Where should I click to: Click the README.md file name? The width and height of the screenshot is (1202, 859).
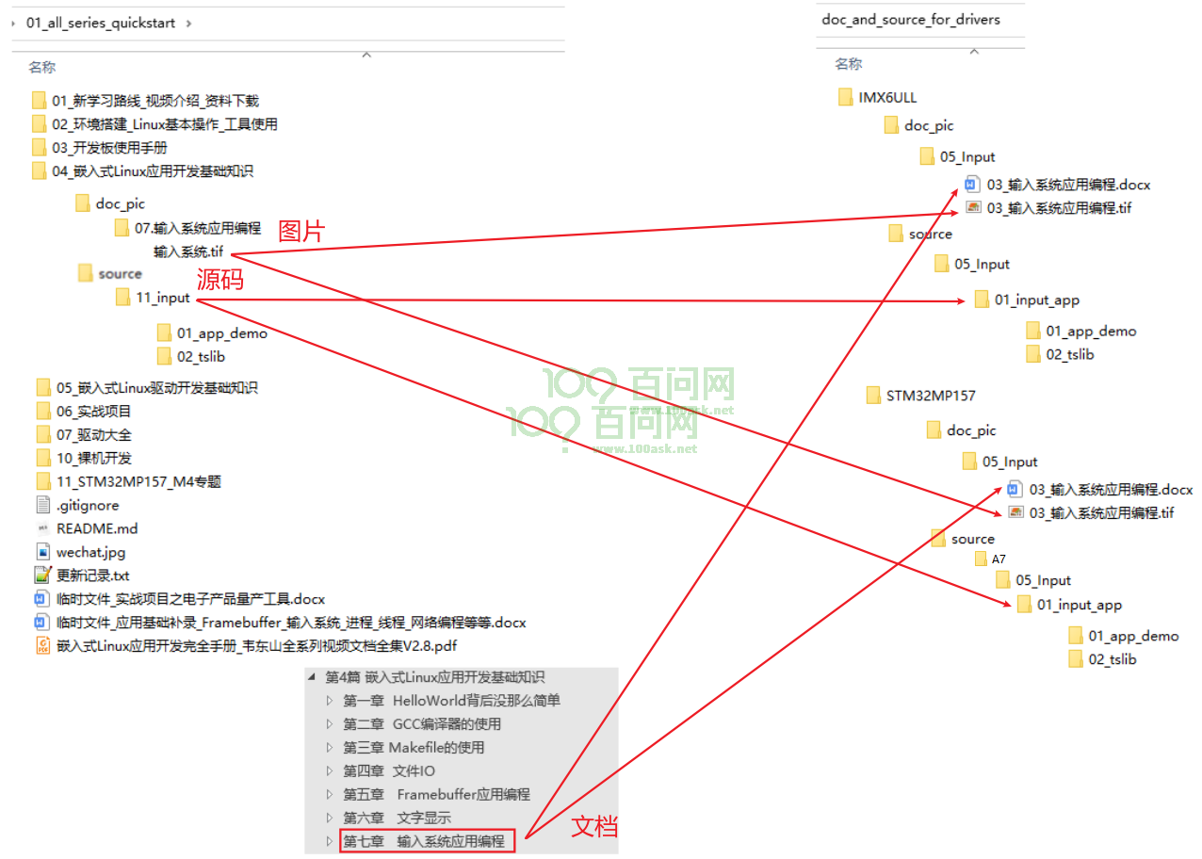point(97,529)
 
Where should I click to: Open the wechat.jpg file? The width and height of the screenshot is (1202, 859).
point(90,553)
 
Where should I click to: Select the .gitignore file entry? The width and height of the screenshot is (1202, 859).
point(88,506)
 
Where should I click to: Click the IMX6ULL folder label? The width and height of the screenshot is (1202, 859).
point(887,98)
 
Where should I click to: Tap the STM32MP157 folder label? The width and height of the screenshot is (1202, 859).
point(931,396)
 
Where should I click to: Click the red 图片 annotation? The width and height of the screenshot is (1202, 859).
point(301,232)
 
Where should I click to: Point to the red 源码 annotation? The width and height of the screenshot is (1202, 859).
point(220,279)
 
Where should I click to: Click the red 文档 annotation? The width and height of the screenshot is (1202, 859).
point(594,826)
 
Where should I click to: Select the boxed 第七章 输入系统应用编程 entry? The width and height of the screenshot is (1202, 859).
point(427,841)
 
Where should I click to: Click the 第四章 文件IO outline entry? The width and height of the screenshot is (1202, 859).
point(389,771)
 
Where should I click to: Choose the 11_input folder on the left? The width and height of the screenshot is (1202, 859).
point(163,298)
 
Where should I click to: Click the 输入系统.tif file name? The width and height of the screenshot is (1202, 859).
point(188,251)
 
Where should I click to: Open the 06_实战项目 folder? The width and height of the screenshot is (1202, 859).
point(93,412)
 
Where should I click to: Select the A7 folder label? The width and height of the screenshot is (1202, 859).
point(999,559)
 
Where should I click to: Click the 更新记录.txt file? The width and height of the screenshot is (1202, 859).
point(93,575)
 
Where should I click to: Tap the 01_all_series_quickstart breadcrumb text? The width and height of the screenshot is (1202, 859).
point(101,23)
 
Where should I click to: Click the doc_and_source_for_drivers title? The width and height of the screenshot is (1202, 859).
point(911,20)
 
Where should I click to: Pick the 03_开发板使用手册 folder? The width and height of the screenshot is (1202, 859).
point(109,148)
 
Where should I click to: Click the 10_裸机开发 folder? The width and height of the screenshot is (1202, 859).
point(94,458)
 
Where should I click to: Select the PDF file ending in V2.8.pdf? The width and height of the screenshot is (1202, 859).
point(256,646)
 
